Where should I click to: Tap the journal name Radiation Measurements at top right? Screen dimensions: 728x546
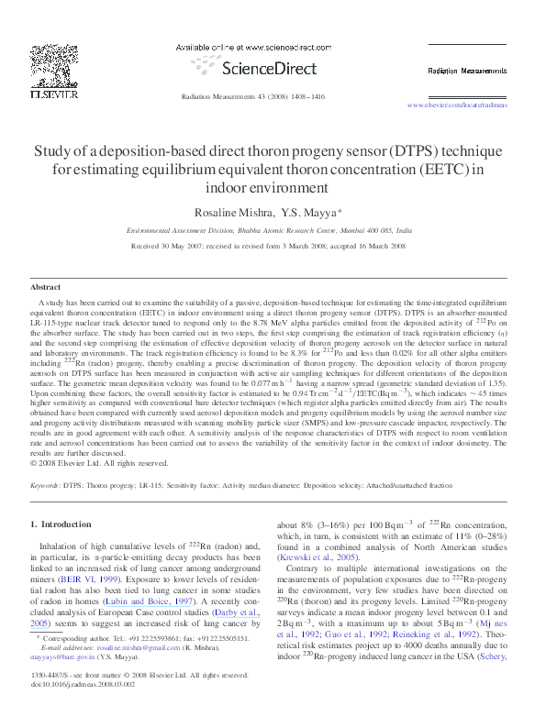coord(465,70)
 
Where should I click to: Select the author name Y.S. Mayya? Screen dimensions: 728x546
coord(308,213)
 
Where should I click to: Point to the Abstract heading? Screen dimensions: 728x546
coord(46,287)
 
